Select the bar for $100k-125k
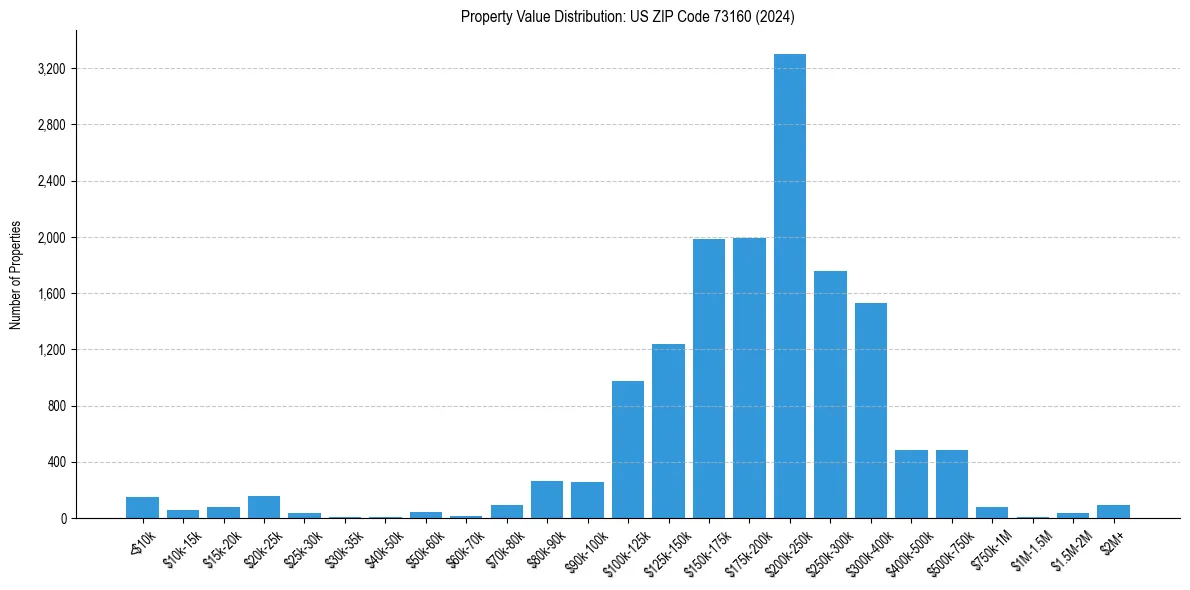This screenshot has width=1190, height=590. click(x=628, y=450)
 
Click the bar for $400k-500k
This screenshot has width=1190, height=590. click(x=911, y=484)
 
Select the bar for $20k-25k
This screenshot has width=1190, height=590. click(x=264, y=507)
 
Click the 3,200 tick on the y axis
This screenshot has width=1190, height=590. click(x=50, y=69)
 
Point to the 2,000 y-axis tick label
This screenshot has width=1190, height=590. click(x=50, y=238)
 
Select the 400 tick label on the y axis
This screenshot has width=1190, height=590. click(x=56, y=462)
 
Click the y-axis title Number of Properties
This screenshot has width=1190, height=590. click(x=16, y=274)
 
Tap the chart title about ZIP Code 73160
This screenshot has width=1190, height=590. click(x=628, y=17)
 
